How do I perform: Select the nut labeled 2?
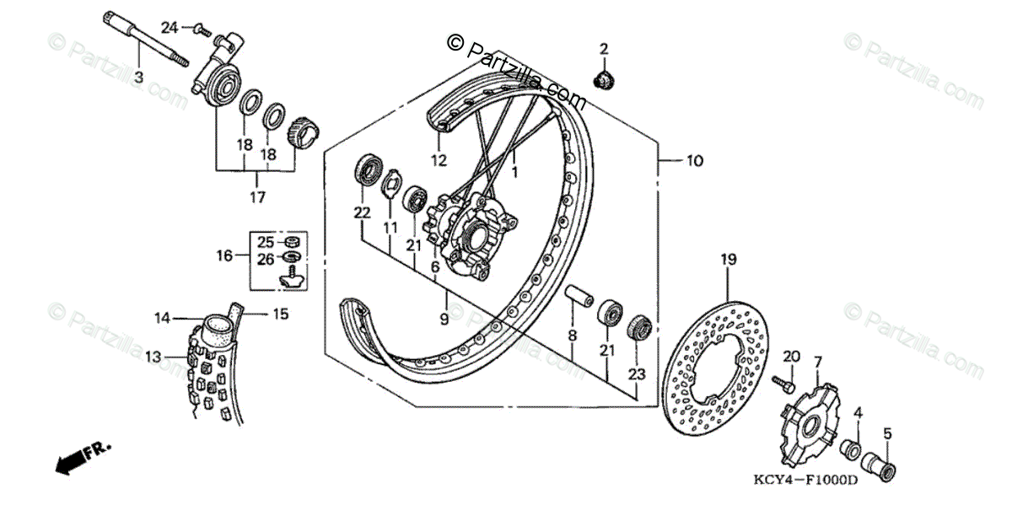603,80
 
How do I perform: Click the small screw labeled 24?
202,30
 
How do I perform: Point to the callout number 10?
693,160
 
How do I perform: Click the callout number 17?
257,197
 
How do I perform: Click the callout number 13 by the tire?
152,357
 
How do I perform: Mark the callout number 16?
223,255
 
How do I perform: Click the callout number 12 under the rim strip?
438,158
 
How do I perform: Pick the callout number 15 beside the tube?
280,314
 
